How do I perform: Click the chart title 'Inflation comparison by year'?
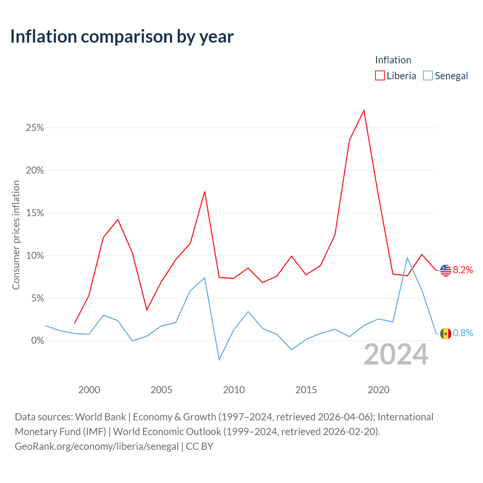(x=122, y=37)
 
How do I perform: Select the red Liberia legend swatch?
(x=380, y=75)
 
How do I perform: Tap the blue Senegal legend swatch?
(x=428, y=75)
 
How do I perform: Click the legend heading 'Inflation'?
(x=393, y=60)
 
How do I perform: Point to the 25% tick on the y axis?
(x=35, y=128)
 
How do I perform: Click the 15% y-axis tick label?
(x=35, y=213)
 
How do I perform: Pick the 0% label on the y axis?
(x=37, y=341)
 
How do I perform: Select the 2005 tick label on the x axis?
(x=161, y=390)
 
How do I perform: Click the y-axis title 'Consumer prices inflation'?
(x=16, y=235)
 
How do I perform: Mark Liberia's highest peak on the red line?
(x=364, y=110)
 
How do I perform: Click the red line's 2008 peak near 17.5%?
(x=205, y=192)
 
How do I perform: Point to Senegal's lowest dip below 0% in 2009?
(x=219, y=360)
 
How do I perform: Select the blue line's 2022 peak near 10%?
(x=407, y=258)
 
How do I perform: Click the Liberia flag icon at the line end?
(x=445, y=271)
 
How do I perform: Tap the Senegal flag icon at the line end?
(x=445, y=334)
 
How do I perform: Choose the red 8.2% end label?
(x=463, y=270)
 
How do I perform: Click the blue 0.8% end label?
(x=463, y=333)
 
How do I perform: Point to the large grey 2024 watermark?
(x=396, y=354)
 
